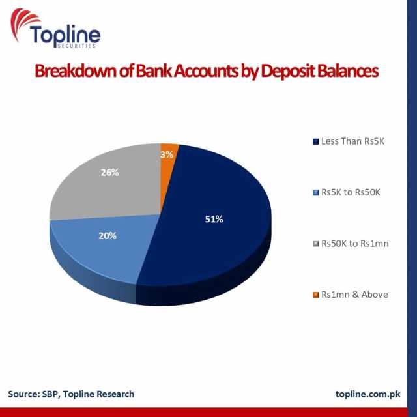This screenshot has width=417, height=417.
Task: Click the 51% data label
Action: tap(214, 219)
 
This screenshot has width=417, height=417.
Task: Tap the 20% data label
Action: tap(108, 236)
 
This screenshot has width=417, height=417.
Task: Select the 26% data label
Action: tap(109, 173)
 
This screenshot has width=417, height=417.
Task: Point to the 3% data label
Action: tap(167, 154)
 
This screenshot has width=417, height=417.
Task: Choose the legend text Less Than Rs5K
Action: tap(352, 141)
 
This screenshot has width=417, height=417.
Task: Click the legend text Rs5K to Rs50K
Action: tap(351, 192)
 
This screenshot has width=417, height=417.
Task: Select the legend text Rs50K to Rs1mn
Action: tap(354, 243)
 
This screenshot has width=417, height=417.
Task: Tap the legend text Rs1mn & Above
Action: tap(354, 295)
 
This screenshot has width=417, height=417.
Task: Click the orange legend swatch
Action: tap(315, 295)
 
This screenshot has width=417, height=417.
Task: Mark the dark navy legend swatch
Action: tap(315, 141)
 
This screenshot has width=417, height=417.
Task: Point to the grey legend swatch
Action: tap(315, 244)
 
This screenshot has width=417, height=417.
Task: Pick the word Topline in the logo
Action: tap(65, 35)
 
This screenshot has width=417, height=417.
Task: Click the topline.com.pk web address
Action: tap(367, 394)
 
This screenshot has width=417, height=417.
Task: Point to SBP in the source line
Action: tap(50, 394)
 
